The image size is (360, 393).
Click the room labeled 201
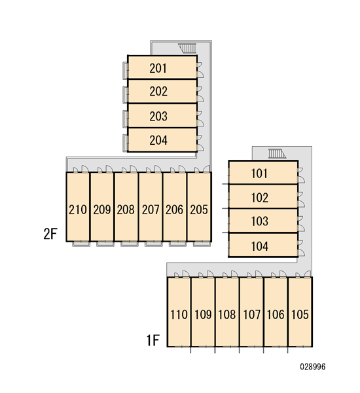(162, 67)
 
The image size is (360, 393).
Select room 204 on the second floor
(162, 140)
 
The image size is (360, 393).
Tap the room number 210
(78, 210)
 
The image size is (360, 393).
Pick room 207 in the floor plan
(151, 207)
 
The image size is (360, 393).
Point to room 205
(199, 207)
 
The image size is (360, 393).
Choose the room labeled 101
(263, 172)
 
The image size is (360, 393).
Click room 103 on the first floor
(263, 221)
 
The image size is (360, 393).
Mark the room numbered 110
(179, 312)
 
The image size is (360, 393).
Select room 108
(227, 312)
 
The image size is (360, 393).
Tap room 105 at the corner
(300, 312)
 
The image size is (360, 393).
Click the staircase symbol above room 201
(187, 48)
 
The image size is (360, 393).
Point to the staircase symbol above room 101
(277, 153)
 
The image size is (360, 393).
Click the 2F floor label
(50, 234)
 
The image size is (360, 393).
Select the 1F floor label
(153, 340)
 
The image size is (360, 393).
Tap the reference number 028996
(313, 367)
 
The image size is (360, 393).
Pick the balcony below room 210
(81, 244)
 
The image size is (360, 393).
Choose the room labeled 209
(102, 207)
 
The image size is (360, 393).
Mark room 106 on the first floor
(276, 312)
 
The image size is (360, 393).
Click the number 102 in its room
(260, 198)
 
